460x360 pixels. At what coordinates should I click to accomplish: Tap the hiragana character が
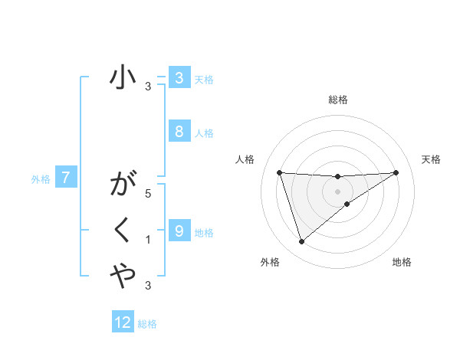tap(123, 185)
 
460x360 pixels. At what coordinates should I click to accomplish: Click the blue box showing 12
tap(123, 322)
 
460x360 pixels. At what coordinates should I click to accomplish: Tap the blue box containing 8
tap(179, 131)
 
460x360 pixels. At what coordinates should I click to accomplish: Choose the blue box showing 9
tap(179, 231)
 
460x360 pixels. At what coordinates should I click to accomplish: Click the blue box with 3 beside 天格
tap(179, 78)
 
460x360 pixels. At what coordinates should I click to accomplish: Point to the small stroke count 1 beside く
tap(148, 240)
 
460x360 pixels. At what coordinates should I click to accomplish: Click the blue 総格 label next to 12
tap(147, 324)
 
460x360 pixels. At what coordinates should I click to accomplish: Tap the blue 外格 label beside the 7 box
tap(41, 179)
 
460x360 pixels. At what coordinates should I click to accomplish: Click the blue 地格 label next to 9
tap(204, 232)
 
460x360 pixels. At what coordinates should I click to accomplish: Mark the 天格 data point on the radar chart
tap(396, 172)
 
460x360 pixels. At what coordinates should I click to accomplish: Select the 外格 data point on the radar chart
tap(301, 242)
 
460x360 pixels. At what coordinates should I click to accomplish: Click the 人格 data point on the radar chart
tap(279, 172)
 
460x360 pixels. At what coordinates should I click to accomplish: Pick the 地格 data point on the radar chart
tap(347, 203)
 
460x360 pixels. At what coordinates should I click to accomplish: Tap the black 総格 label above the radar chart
tap(337, 100)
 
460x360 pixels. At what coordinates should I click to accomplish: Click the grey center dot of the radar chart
tap(337, 191)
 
